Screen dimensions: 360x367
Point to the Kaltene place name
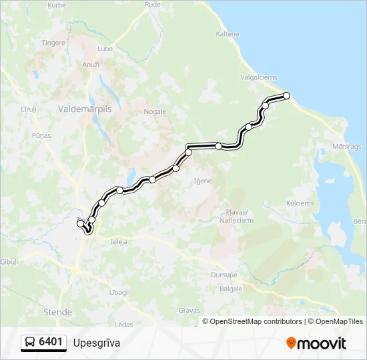[228, 34]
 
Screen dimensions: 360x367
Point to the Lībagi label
[119, 293]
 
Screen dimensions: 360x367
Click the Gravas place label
[189, 310]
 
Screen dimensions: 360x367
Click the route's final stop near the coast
[287, 96]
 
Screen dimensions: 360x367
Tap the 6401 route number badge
[51, 343]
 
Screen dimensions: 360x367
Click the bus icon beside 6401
[30, 343]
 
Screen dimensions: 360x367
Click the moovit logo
[316, 343]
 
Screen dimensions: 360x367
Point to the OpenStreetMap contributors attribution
[256, 321]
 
